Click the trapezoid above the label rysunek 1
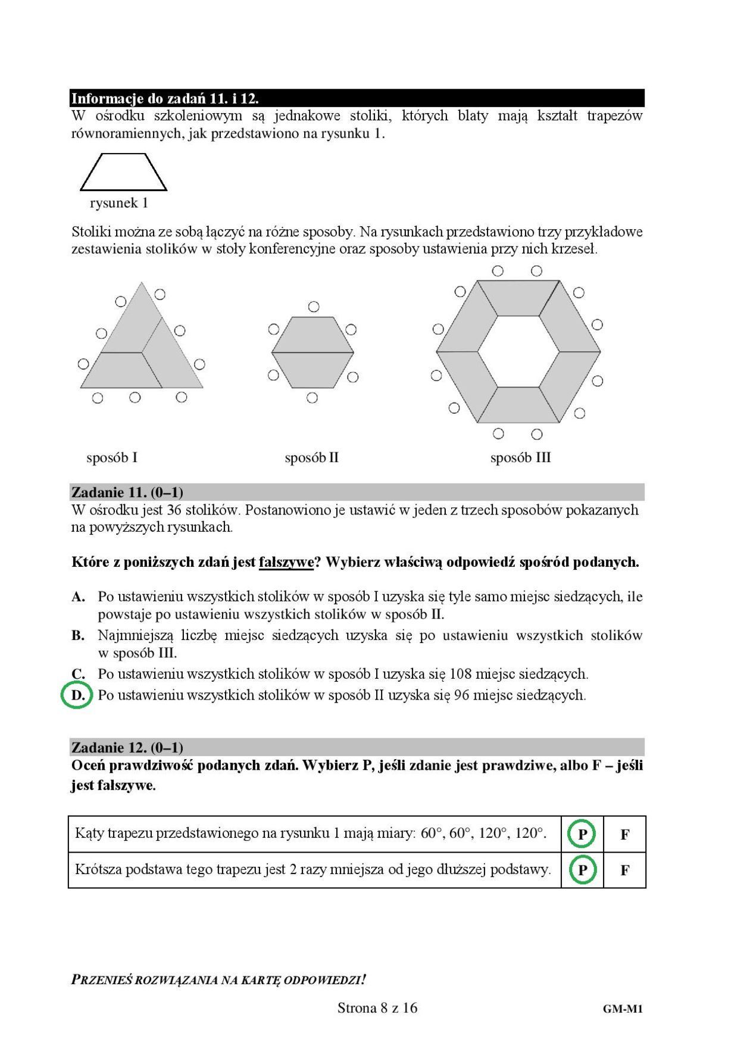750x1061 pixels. point(123,172)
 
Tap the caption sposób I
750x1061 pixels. point(112,458)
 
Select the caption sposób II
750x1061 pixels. point(311,458)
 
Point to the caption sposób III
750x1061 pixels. point(520,458)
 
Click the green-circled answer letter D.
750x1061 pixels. point(77,695)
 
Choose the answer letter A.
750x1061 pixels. point(78,597)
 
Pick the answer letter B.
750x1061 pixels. point(78,636)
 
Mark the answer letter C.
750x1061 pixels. point(78,674)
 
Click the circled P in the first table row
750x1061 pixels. point(582,834)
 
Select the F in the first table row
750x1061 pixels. point(624,835)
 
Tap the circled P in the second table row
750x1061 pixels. point(582,870)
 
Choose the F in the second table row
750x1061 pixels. point(624,870)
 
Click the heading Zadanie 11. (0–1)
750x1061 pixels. point(127,492)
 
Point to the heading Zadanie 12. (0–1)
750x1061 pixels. point(127,748)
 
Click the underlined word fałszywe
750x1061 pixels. point(286,562)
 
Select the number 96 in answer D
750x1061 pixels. point(461,695)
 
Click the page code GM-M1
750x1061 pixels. point(623,1009)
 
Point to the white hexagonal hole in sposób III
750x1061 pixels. point(518,352)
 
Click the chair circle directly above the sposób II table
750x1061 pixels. point(314,307)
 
